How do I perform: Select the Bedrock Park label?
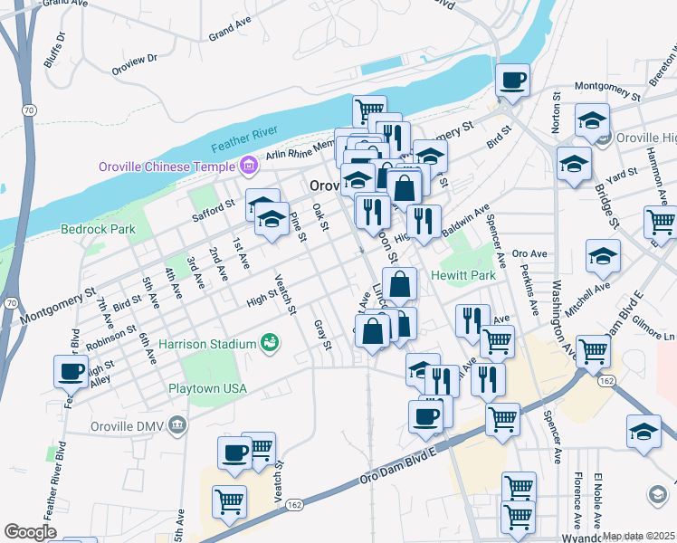pos(97,229)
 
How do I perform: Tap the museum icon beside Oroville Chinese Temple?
pos(247,166)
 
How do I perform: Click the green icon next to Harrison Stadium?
pos(269,343)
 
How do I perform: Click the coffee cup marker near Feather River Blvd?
pos(72,372)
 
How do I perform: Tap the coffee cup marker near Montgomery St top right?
pos(513,81)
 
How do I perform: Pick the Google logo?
pos(30,532)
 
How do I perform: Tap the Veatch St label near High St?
pos(286,294)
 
